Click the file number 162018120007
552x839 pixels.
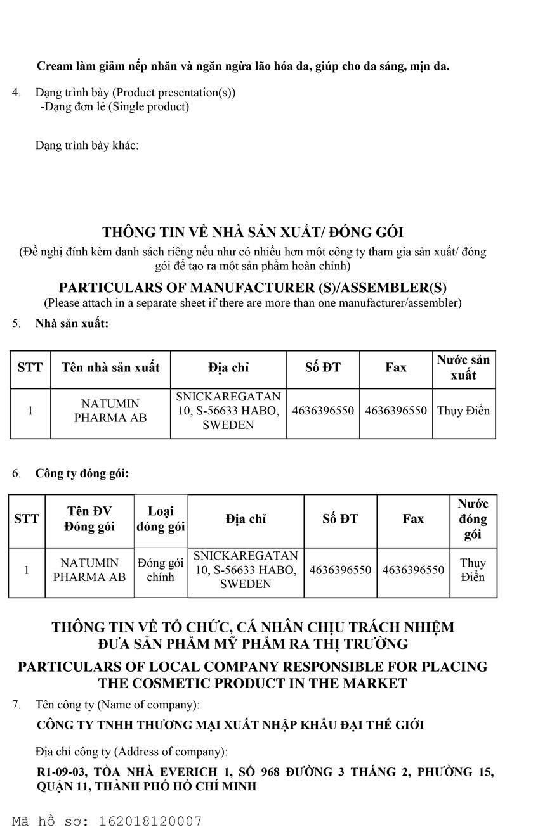point(150,821)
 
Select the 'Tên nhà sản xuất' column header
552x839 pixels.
point(110,368)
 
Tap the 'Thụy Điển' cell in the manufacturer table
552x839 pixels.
point(463,411)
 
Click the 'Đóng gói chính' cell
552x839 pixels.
point(161,570)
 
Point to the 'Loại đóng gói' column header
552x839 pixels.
point(161,519)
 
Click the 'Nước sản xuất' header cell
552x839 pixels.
point(463,368)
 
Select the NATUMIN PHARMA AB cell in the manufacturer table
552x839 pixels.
point(110,411)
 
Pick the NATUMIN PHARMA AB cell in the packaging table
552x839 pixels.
point(89,570)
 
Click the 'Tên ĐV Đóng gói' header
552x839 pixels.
point(89,519)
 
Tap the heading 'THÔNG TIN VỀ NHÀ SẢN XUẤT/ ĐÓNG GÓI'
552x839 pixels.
point(253,233)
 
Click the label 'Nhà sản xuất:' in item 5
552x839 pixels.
point(72,323)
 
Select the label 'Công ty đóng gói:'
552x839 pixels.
point(82,473)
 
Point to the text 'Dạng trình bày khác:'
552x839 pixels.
point(87,145)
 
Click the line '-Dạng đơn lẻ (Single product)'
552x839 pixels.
point(115,106)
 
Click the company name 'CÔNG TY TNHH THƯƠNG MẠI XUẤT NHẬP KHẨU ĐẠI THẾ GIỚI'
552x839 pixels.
point(230,725)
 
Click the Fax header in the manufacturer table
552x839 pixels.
point(396,368)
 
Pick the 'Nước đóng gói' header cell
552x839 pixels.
point(473,519)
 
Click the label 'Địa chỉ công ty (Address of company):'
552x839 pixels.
point(131,752)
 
